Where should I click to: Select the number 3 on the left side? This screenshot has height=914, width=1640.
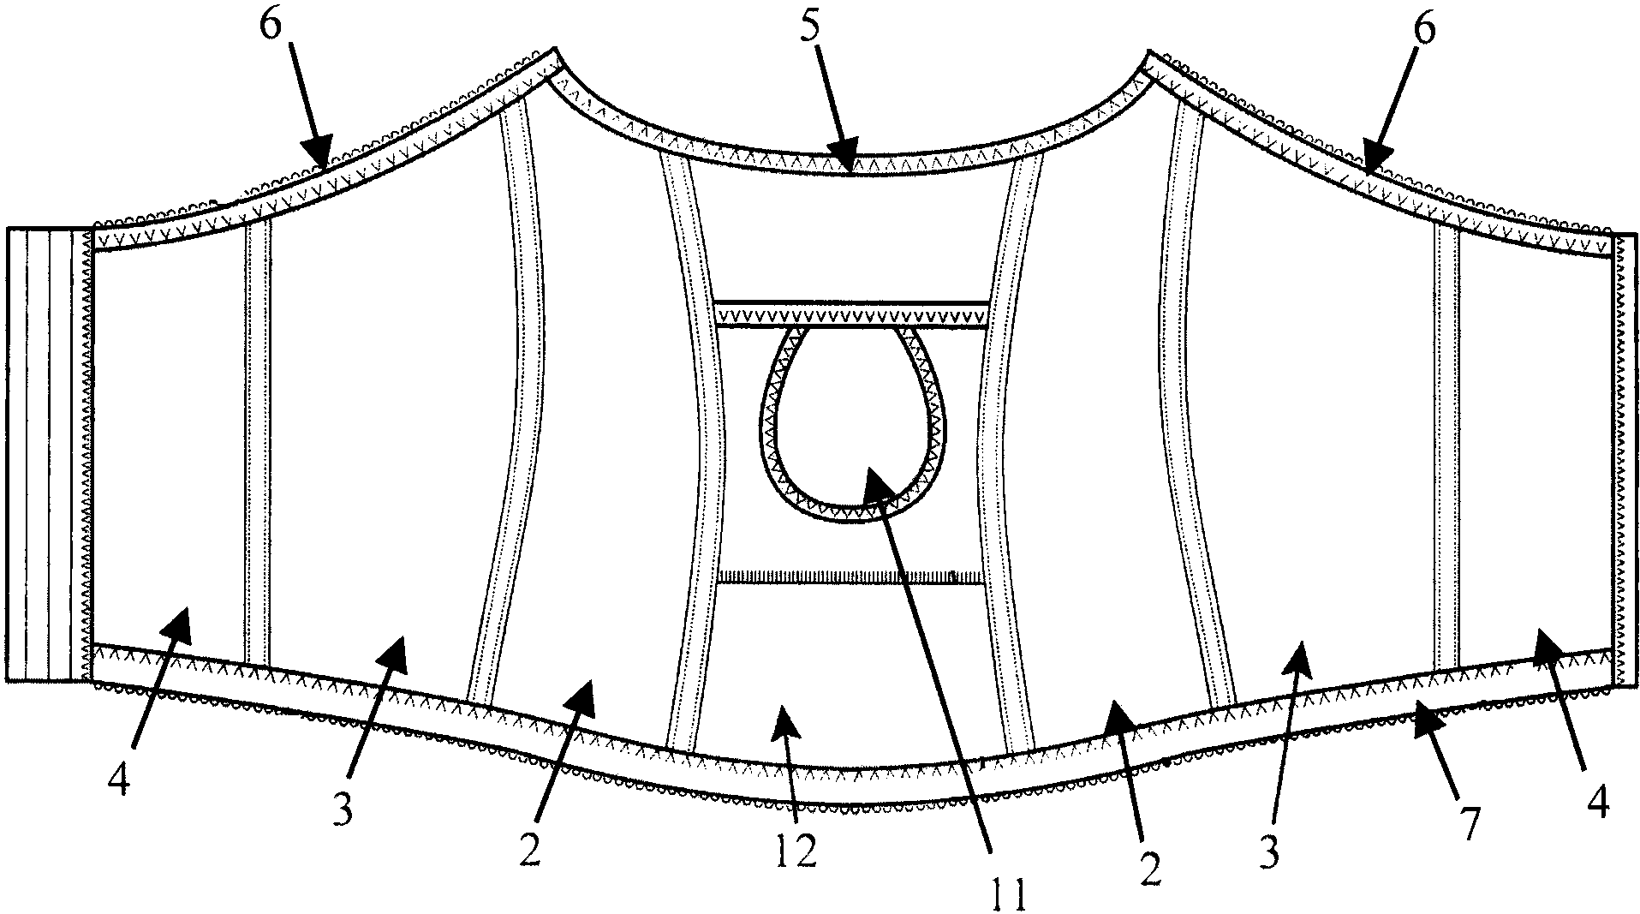[343, 809]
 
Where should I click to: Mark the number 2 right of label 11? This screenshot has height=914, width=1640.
[1152, 867]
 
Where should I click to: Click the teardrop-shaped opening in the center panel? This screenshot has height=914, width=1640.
[853, 420]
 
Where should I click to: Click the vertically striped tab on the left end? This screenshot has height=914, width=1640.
[47, 454]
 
